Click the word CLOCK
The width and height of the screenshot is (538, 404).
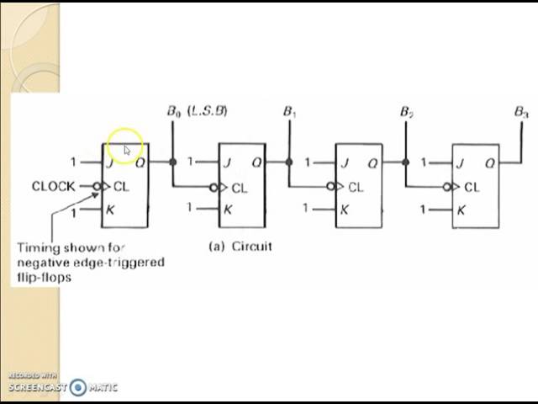point(54,186)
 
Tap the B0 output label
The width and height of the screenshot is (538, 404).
point(174,111)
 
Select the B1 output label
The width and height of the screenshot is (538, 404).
point(290,111)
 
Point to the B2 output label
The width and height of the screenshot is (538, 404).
point(406,111)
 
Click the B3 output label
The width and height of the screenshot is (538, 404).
point(521,111)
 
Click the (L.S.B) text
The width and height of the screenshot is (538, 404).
point(207,110)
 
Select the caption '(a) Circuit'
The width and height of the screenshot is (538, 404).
point(240,247)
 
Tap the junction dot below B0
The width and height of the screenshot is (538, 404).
point(173,162)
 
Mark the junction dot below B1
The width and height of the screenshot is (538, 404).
point(289,162)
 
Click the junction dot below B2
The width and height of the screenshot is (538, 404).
point(406,162)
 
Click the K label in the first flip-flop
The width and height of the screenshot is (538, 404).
point(109,210)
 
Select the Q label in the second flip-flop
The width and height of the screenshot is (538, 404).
point(256,163)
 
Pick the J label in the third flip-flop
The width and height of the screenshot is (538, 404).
point(344,162)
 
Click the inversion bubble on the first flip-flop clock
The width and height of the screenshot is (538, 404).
point(98,187)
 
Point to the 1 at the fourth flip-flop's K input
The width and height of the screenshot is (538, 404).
point(425,209)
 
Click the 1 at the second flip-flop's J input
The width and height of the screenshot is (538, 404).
point(191,162)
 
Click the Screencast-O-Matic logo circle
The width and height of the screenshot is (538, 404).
point(78,387)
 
